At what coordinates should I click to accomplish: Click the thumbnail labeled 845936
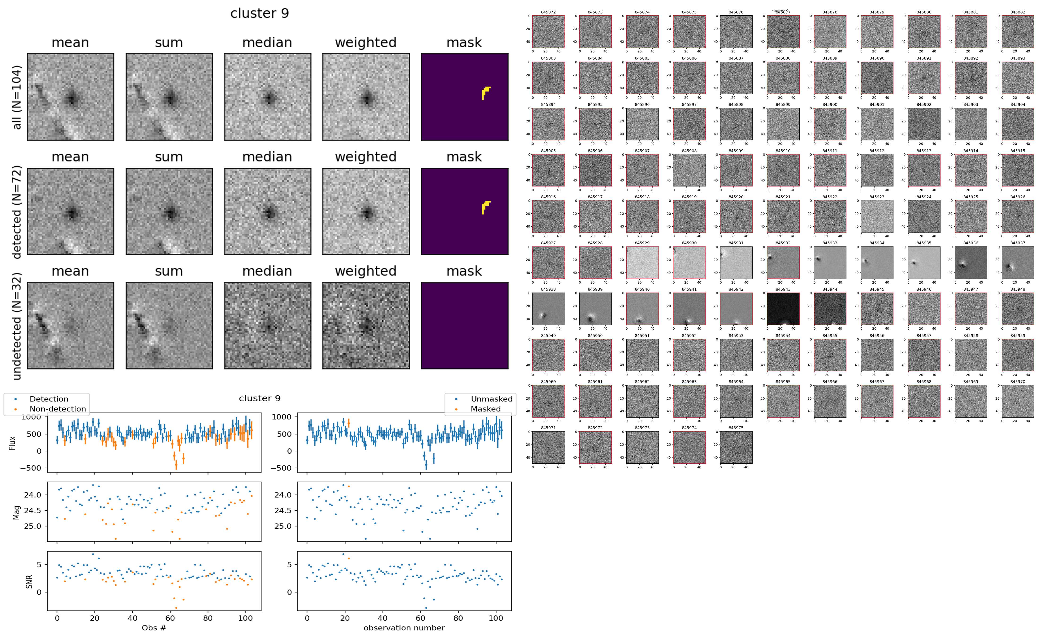pos(971,263)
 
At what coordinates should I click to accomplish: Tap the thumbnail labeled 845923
pos(877,216)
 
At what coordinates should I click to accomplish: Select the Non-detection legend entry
pos(57,409)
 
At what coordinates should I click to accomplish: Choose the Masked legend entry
pos(485,409)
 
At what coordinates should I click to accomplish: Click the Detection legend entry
pos(49,399)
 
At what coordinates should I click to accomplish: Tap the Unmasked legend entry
pos(491,399)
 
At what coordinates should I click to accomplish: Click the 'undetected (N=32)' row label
pos(17,326)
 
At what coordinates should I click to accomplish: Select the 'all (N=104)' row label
pos(17,97)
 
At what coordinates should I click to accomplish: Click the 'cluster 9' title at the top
pos(260,13)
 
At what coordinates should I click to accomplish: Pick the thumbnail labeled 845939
pos(595,309)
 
